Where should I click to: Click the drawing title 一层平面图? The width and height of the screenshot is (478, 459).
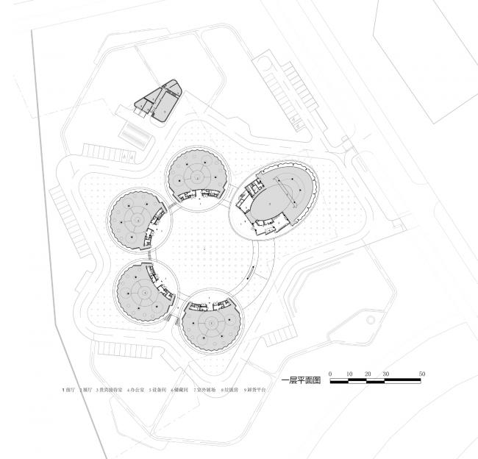302,382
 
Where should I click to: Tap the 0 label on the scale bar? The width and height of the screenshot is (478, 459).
331,374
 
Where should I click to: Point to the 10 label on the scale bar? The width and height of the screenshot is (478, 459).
349,374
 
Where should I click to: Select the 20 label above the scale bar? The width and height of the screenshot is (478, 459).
368,374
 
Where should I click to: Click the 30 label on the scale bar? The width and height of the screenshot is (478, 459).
386,374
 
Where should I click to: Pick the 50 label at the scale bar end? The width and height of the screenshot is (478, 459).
422,374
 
